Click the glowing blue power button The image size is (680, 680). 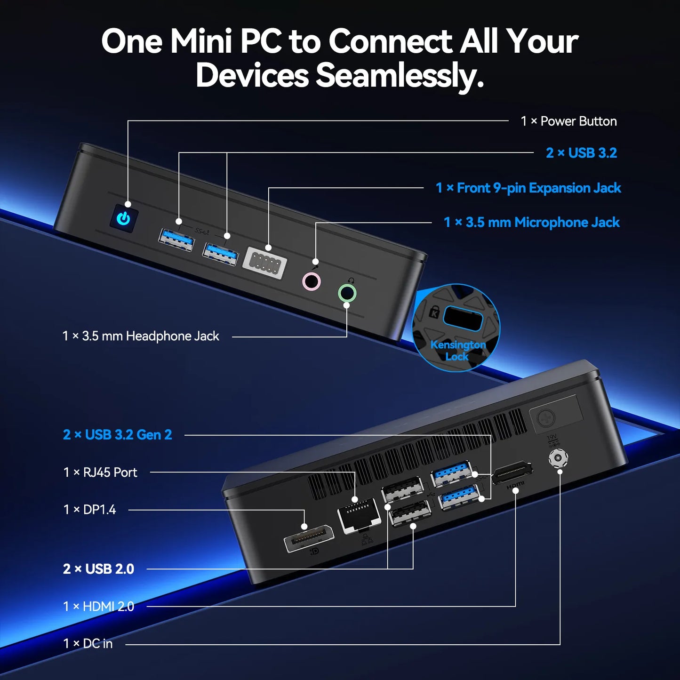[x=123, y=218]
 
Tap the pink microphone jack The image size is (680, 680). [x=312, y=282]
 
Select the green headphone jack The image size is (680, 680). [x=347, y=293]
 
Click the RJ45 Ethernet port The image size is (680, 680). [x=359, y=516]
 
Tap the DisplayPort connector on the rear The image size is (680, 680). [x=308, y=538]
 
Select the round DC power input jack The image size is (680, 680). [x=558, y=457]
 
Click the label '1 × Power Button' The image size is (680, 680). [x=568, y=121]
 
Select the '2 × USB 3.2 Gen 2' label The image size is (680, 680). [x=118, y=435]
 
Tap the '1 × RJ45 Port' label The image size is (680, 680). [x=100, y=472]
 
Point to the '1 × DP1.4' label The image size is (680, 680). [x=89, y=510]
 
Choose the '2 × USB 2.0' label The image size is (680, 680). [x=99, y=569]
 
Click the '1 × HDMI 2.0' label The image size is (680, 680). [x=99, y=607]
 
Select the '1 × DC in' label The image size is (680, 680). [x=88, y=644]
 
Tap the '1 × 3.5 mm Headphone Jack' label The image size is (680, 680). [x=141, y=336]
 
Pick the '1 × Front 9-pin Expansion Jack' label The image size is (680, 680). [x=528, y=188]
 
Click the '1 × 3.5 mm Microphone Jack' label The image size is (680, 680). [x=532, y=223]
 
